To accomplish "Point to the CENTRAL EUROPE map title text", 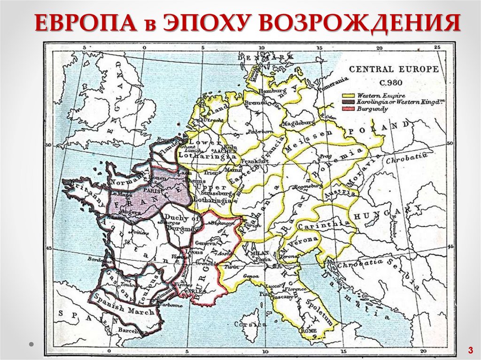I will [394, 69].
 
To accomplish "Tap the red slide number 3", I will [469, 350].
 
